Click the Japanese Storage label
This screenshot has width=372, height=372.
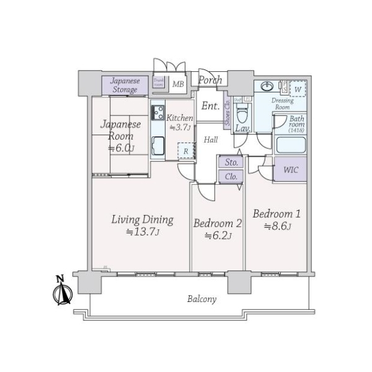pyautogui.click(x=125, y=86)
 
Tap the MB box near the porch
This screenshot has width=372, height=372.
pyautogui.click(x=178, y=84)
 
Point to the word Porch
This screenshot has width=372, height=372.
pyautogui.click(x=211, y=80)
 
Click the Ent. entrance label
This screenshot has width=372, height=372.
pyautogui.click(x=211, y=106)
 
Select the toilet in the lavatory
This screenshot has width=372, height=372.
pyautogui.click(x=244, y=112)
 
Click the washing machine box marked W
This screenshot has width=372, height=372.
pyautogui.click(x=298, y=89)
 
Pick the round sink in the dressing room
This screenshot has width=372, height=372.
pyautogui.click(x=268, y=86)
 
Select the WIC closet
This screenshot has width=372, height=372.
pyautogui.click(x=290, y=169)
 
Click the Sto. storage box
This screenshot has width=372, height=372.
pyautogui.click(x=231, y=162)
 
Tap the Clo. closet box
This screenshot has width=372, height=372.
pyautogui.click(x=231, y=176)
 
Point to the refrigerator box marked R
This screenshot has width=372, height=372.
pyautogui.click(x=184, y=151)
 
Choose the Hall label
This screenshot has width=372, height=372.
pyautogui.click(x=211, y=140)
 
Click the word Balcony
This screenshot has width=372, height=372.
pyautogui.click(x=202, y=299)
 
